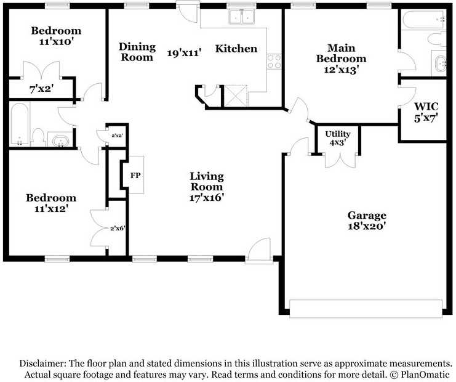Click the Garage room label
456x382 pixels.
(367, 215)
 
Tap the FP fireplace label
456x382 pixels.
(135, 176)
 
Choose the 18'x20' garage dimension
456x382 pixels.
(367, 226)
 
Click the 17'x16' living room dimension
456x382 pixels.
(206, 197)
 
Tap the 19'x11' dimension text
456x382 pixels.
(185, 53)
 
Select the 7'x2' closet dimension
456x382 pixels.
(41, 88)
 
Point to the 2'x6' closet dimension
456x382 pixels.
(118, 229)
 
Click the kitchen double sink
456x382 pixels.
(241, 18)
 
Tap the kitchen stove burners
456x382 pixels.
(274, 60)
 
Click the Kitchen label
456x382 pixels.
(236, 49)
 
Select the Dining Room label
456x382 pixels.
(136, 52)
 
